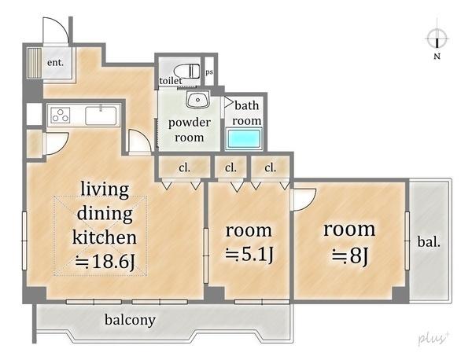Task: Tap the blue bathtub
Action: pyautogui.click(x=244, y=138)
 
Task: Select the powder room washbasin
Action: pyautogui.click(x=197, y=99)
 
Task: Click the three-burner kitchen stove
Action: pyautogui.click(x=61, y=116)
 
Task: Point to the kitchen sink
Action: pyautogui.click(x=101, y=116)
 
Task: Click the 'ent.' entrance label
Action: pyautogui.click(x=55, y=63)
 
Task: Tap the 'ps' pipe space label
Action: pyautogui.click(x=209, y=72)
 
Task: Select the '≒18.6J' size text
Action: pyautogui.click(x=105, y=261)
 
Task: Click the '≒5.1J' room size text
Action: pyautogui.click(x=249, y=255)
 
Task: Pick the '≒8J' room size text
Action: pyautogui.click(x=350, y=256)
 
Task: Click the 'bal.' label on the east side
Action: pyautogui.click(x=429, y=242)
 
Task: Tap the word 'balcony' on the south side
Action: pyautogui.click(x=130, y=320)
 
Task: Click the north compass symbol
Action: pyautogui.click(x=437, y=39)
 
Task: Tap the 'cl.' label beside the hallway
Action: pyautogui.click(x=185, y=167)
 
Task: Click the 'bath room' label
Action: pyautogui.click(x=247, y=113)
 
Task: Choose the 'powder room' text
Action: pyautogui.click(x=190, y=130)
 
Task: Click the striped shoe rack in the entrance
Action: pyautogui.click(x=35, y=63)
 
